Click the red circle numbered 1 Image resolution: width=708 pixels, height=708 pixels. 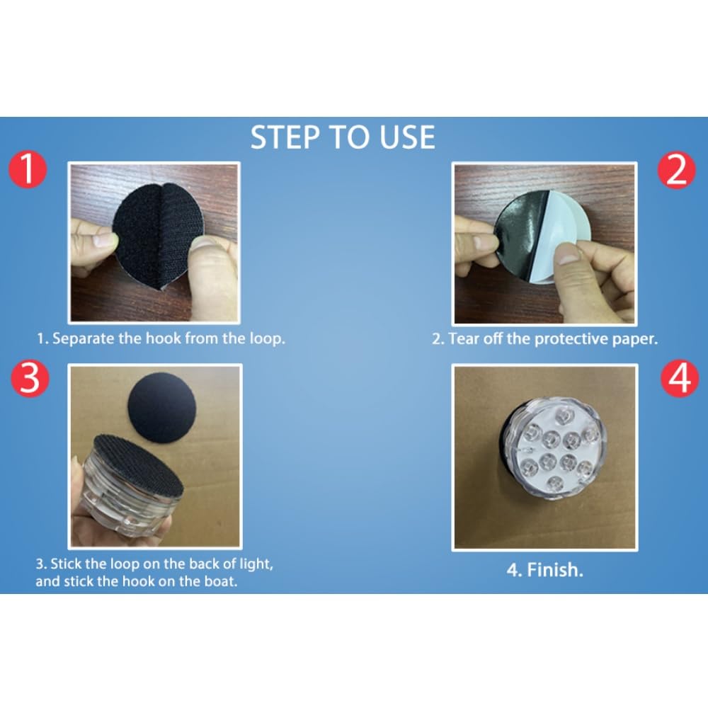28,169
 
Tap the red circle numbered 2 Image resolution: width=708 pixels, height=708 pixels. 676,170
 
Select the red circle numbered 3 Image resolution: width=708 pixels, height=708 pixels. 30,378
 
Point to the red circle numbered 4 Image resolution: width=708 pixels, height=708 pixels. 679,378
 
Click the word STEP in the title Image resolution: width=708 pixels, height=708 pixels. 285,138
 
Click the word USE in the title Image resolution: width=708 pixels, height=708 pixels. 407,138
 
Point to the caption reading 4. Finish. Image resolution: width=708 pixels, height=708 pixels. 545,570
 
